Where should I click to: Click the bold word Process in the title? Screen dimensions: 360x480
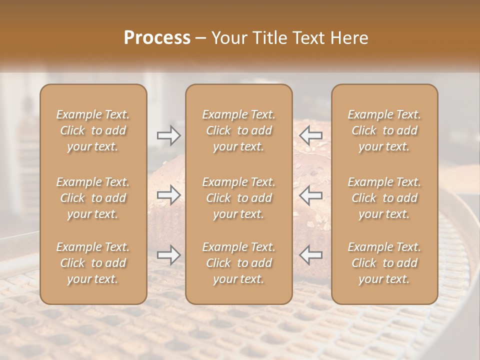[x=157, y=38]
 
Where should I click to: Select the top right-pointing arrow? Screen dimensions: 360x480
[x=168, y=135]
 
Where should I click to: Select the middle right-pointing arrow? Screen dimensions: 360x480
[x=168, y=195]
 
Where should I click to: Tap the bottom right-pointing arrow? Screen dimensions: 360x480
[x=168, y=255]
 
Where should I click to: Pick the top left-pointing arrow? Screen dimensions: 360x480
[x=311, y=135]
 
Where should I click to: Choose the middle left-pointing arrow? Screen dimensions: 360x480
[x=311, y=195]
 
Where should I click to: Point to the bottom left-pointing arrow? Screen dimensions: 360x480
[x=311, y=255]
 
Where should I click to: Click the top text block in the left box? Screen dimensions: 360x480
[x=93, y=130]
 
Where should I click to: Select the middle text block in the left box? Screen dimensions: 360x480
[x=93, y=198]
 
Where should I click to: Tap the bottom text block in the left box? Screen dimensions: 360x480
[x=93, y=263]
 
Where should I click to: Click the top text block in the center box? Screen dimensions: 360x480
[x=238, y=130]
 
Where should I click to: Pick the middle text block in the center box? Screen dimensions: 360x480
[x=238, y=198]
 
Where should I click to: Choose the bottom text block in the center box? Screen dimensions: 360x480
[x=238, y=263]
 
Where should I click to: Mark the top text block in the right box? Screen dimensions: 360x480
[x=384, y=130]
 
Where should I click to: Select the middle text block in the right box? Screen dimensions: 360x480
[x=384, y=198]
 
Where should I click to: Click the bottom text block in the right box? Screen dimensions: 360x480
[x=384, y=263]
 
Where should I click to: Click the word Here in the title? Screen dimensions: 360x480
[x=349, y=38]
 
